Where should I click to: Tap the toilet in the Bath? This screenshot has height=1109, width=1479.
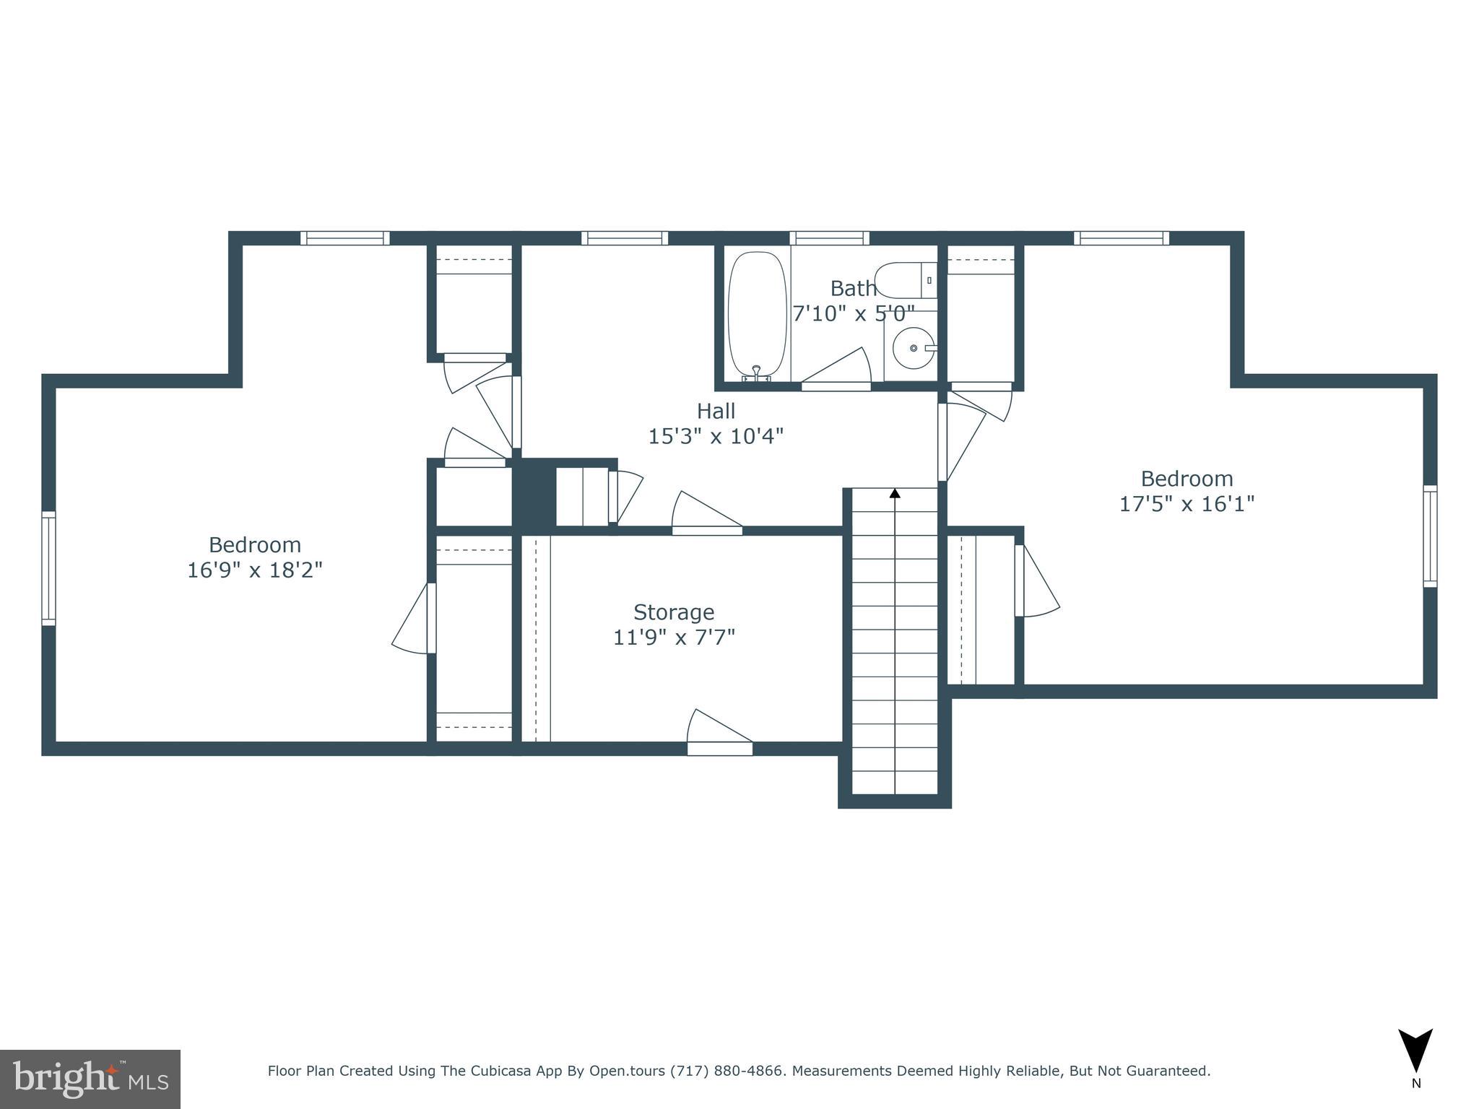coord(906,280)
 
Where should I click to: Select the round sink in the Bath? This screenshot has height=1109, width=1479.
coord(914,348)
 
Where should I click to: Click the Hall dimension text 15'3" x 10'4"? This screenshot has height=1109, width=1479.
coord(715,436)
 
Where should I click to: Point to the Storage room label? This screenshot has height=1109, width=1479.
coord(673,612)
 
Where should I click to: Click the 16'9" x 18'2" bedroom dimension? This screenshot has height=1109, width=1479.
coord(254,570)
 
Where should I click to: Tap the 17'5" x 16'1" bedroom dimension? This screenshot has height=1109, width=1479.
coord(1187,503)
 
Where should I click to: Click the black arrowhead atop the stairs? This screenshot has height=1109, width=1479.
coord(895,493)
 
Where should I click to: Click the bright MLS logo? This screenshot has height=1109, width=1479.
coord(90,1079)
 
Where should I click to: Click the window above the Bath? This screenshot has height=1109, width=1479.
coord(829,238)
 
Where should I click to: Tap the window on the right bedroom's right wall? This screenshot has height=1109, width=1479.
coord(1430,536)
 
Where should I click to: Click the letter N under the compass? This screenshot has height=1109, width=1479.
coord(1416,1083)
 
